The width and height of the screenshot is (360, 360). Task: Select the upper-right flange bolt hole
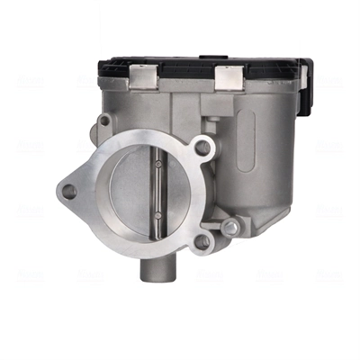point(203,148)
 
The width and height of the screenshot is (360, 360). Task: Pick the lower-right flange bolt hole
point(202,241)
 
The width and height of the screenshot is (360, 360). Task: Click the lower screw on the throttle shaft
point(158,220)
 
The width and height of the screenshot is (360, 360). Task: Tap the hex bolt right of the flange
point(231,228)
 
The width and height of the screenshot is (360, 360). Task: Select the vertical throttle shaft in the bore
point(158,193)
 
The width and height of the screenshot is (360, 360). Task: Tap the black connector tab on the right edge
point(306,76)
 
